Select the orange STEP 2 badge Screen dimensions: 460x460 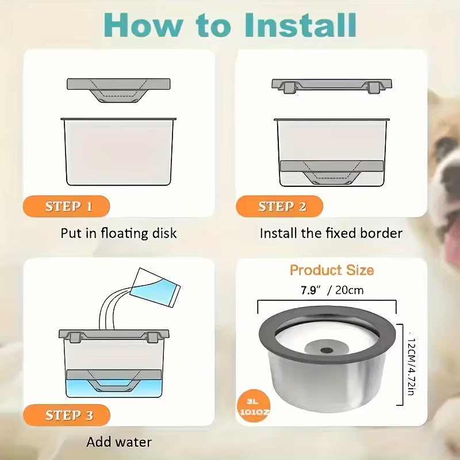281,206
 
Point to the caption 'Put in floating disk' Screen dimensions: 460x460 118,233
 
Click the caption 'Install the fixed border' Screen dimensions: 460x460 331,233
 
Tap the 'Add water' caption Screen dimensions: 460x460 118,442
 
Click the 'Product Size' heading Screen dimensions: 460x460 331,270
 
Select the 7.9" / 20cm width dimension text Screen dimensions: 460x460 332,290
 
